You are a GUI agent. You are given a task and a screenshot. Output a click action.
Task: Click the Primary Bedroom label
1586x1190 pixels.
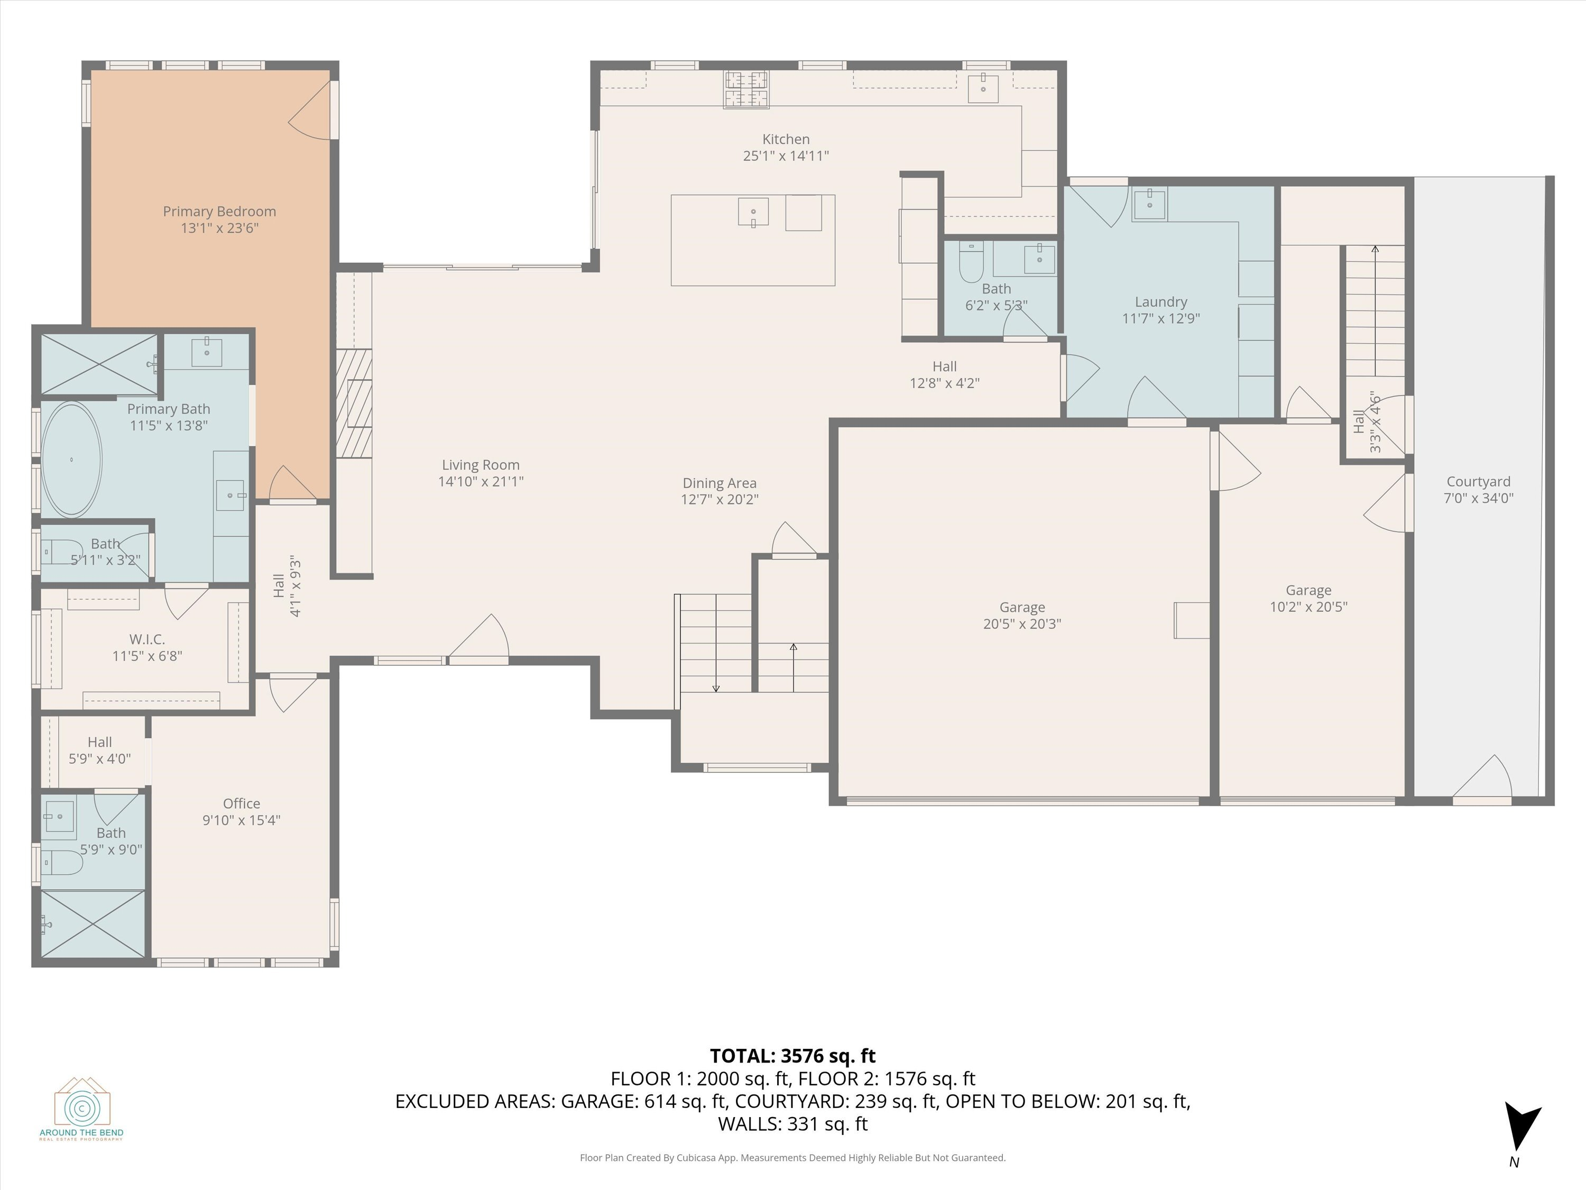click(x=219, y=212)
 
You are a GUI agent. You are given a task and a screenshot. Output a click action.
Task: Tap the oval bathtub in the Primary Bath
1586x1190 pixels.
click(x=72, y=459)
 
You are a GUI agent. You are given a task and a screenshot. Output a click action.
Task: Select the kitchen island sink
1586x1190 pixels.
click(x=753, y=212)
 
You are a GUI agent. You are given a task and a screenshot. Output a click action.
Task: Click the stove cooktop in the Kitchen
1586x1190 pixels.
click(x=745, y=90)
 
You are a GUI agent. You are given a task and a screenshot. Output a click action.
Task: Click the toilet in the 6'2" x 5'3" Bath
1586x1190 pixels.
click(x=972, y=262)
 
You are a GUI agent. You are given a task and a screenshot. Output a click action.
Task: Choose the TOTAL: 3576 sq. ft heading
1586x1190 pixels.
click(x=792, y=1056)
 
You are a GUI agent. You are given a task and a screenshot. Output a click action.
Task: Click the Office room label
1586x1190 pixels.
click(x=241, y=803)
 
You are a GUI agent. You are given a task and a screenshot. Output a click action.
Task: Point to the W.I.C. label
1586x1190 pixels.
click(x=147, y=638)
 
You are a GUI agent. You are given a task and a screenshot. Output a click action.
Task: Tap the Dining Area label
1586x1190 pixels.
click(x=719, y=483)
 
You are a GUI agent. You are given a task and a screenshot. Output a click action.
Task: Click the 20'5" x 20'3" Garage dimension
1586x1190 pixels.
click(x=1022, y=624)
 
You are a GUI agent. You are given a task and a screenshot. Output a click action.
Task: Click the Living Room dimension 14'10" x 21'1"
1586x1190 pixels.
click(x=481, y=481)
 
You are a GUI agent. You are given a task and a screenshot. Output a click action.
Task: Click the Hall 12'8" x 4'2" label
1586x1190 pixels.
click(x=944, y=367)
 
